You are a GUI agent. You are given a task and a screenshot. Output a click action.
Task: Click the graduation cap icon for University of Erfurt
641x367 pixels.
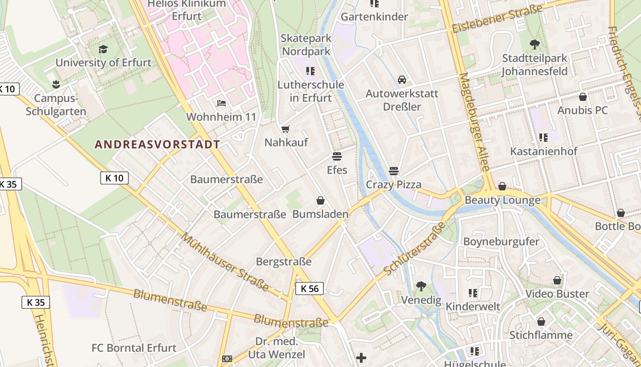tap(103, 49)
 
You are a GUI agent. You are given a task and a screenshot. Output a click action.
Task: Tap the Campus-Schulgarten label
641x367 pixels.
tap(56, 105)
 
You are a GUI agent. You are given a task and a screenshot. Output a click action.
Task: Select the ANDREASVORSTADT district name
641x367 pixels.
tap(157, 145)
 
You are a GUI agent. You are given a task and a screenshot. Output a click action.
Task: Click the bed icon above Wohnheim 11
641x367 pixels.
tap(222, 103)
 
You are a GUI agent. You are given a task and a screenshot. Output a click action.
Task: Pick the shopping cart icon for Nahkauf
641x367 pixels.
tap(286, 129)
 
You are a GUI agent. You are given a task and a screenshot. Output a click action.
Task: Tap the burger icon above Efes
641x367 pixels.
tap(337, 156)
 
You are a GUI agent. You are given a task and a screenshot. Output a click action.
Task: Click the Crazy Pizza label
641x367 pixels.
tap(393, 185)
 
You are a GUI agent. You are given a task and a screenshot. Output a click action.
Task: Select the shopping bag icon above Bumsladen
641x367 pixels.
tap(320, 200)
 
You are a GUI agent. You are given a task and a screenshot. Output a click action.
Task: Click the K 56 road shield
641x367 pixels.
tap(310, 289)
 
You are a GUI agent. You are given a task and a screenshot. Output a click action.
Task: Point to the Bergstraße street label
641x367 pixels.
tap(283, 262)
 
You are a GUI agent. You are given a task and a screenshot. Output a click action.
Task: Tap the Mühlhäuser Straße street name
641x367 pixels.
tap(225, 262)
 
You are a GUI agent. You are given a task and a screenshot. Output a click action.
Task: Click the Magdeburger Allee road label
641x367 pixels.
tap(474, 122)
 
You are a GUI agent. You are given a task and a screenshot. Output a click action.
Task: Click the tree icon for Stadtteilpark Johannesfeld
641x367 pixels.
tap(534, 44)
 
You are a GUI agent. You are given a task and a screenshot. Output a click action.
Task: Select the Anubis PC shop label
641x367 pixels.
tap(582, 110)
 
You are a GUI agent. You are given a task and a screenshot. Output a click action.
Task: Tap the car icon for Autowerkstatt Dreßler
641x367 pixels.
tap(402, 80)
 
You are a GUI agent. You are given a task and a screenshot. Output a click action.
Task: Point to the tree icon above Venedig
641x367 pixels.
tap(421, 287)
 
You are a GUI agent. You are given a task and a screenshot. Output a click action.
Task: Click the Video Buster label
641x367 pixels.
tap(557, 294)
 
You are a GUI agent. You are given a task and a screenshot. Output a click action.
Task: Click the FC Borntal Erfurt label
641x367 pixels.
tap(134, 348)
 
